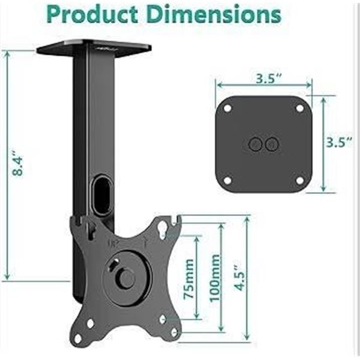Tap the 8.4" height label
coord(19,165)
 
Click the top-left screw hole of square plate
coord(228,109)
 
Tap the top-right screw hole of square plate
coord(299,109)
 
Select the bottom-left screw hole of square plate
coord(228,179)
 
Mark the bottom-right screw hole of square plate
coord(299,180)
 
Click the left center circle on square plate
coord(256,144)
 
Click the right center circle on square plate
coord(272,144)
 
